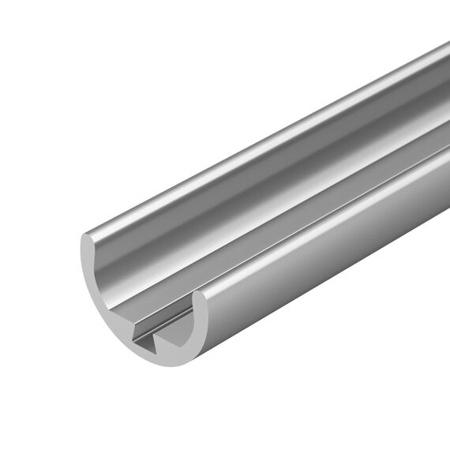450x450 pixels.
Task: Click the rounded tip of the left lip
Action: (89, 237)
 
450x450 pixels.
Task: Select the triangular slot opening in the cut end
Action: (146, 339)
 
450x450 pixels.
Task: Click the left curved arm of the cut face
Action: (93, 284)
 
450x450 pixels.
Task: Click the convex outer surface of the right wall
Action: (332, 261)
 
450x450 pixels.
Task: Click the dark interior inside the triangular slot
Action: (150, 344)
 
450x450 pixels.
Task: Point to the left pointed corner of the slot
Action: (132, 340)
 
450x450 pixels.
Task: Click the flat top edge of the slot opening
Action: (150, 334)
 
